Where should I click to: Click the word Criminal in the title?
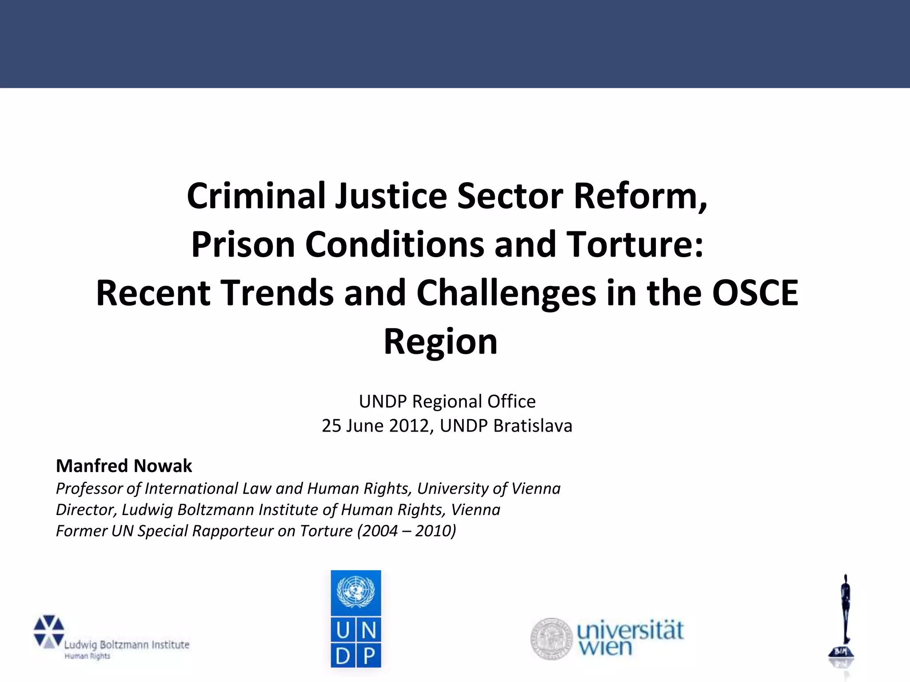point(255,196)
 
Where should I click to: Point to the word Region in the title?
point(440,341)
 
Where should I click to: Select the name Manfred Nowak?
point(124,466)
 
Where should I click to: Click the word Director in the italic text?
point(85,510)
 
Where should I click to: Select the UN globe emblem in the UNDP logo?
point(355,592)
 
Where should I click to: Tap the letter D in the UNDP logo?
point(343,655)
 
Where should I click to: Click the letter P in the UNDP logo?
point(368,655)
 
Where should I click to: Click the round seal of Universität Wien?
point(551,638)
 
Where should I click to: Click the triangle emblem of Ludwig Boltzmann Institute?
point(49,631)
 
